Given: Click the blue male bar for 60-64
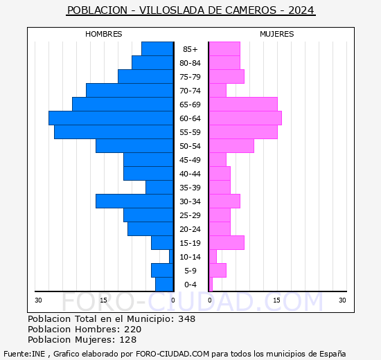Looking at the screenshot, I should point(111,118).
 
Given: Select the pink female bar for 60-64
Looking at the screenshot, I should point(245,118).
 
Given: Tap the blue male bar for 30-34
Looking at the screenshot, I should point(134,201).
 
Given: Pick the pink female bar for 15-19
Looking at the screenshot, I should point(226,243).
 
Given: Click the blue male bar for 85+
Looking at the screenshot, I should point(157,49).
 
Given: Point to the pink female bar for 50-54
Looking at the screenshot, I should point(231,146).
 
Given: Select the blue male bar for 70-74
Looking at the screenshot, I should point(130,91).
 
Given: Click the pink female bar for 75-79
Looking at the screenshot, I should point(226,77).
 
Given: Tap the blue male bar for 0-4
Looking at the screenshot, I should point(164,285).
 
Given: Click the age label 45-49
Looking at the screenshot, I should point(190,160).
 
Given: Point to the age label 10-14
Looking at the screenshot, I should point(190,257).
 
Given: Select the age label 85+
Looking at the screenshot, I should point(190,49).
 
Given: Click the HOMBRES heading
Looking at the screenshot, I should point(104,34).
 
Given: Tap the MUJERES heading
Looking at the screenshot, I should point(277,34).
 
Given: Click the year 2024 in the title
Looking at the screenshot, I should point(301,10).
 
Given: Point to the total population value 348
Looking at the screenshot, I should point(186,319).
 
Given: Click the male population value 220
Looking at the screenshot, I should point(132,330).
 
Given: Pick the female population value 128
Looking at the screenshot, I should point(128,340).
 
